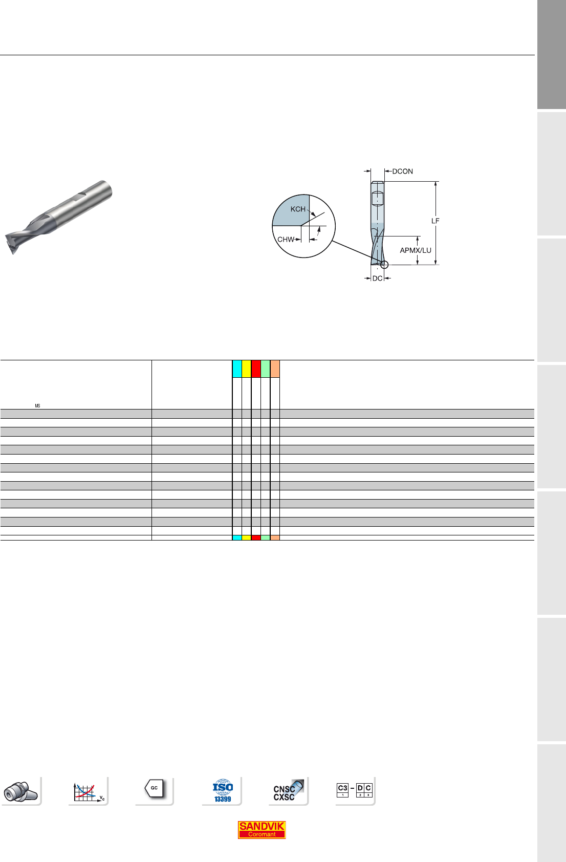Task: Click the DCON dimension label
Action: (x=402, y=171)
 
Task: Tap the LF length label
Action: (x=435, y=221)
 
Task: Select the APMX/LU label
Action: (x=416, y=250)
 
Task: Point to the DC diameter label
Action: (x=378, y=278)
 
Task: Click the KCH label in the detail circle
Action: (x=298, y=209)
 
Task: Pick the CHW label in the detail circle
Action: (x=286, y=240)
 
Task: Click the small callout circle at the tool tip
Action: (x=384, y=264)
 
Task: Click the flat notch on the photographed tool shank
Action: (x=86, y=196)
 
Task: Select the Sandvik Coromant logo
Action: (x=262, y=830)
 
